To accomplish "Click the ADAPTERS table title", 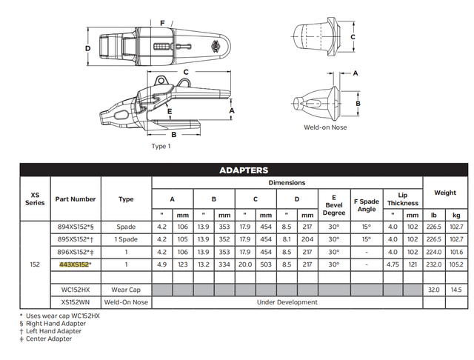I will [244, 170].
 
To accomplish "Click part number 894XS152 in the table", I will [73, 227].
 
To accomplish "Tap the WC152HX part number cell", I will [73, 289].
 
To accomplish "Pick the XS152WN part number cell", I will [73, 301].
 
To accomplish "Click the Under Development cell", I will [288, 301].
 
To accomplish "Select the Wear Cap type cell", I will [126, 289].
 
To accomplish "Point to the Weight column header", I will [444, 193].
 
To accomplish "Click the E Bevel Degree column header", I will [334, 204].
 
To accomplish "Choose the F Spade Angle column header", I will [367, 204].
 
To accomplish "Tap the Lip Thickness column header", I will [402, 198].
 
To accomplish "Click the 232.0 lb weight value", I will [433, 264].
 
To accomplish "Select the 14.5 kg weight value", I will [456, 289].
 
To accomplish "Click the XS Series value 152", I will [34, 264].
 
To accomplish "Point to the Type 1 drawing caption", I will [161, 146].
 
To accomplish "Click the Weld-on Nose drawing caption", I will [324, 127].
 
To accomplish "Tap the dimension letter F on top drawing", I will [162, 23].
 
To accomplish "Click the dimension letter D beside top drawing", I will [87, 48].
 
